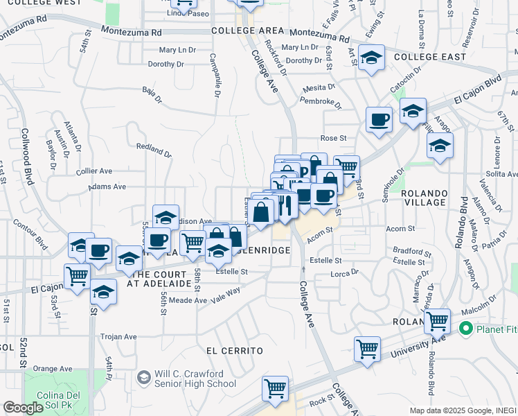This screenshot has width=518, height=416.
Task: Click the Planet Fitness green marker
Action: pyautogui.click(x=466, y=328)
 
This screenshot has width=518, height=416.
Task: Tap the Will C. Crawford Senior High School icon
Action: pyautogui.click(x=144, y=378)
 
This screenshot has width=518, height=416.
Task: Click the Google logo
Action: pyautogui.click(x=23, y=408)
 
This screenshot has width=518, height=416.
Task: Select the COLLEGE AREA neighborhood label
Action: pyautogui.click(x=248, y=31)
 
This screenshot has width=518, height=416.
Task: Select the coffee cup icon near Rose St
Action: pyautogui.click(x=378, y=119)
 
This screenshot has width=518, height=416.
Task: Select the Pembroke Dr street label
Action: pyautogui.click(x=321, y=102)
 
